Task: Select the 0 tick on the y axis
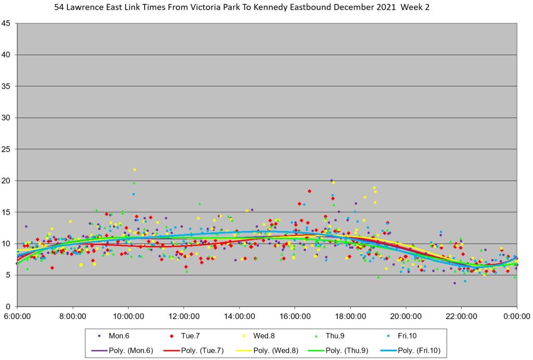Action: pos(8,306)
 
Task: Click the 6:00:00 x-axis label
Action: pos(17,316)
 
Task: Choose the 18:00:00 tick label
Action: pos(350,316)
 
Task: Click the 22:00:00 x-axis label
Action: pos(461,316)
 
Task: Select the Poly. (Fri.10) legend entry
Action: pos(420,351)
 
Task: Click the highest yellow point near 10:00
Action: pos(134,170)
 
